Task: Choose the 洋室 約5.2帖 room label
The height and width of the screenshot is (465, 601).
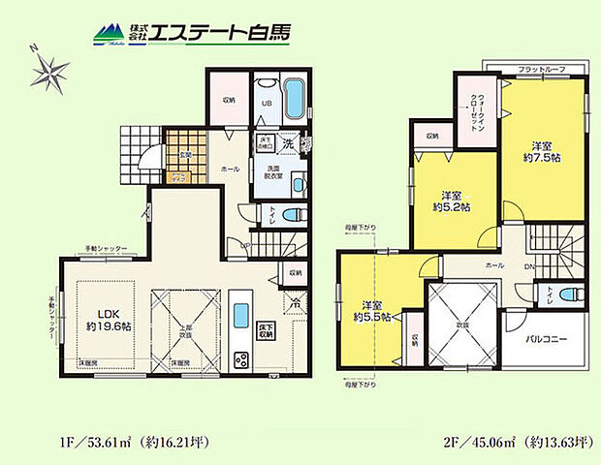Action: [x=451, y=200]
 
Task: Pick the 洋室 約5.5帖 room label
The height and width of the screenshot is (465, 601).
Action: [x=371, y=309]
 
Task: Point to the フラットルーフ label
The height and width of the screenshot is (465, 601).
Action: [x=539, y=70]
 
